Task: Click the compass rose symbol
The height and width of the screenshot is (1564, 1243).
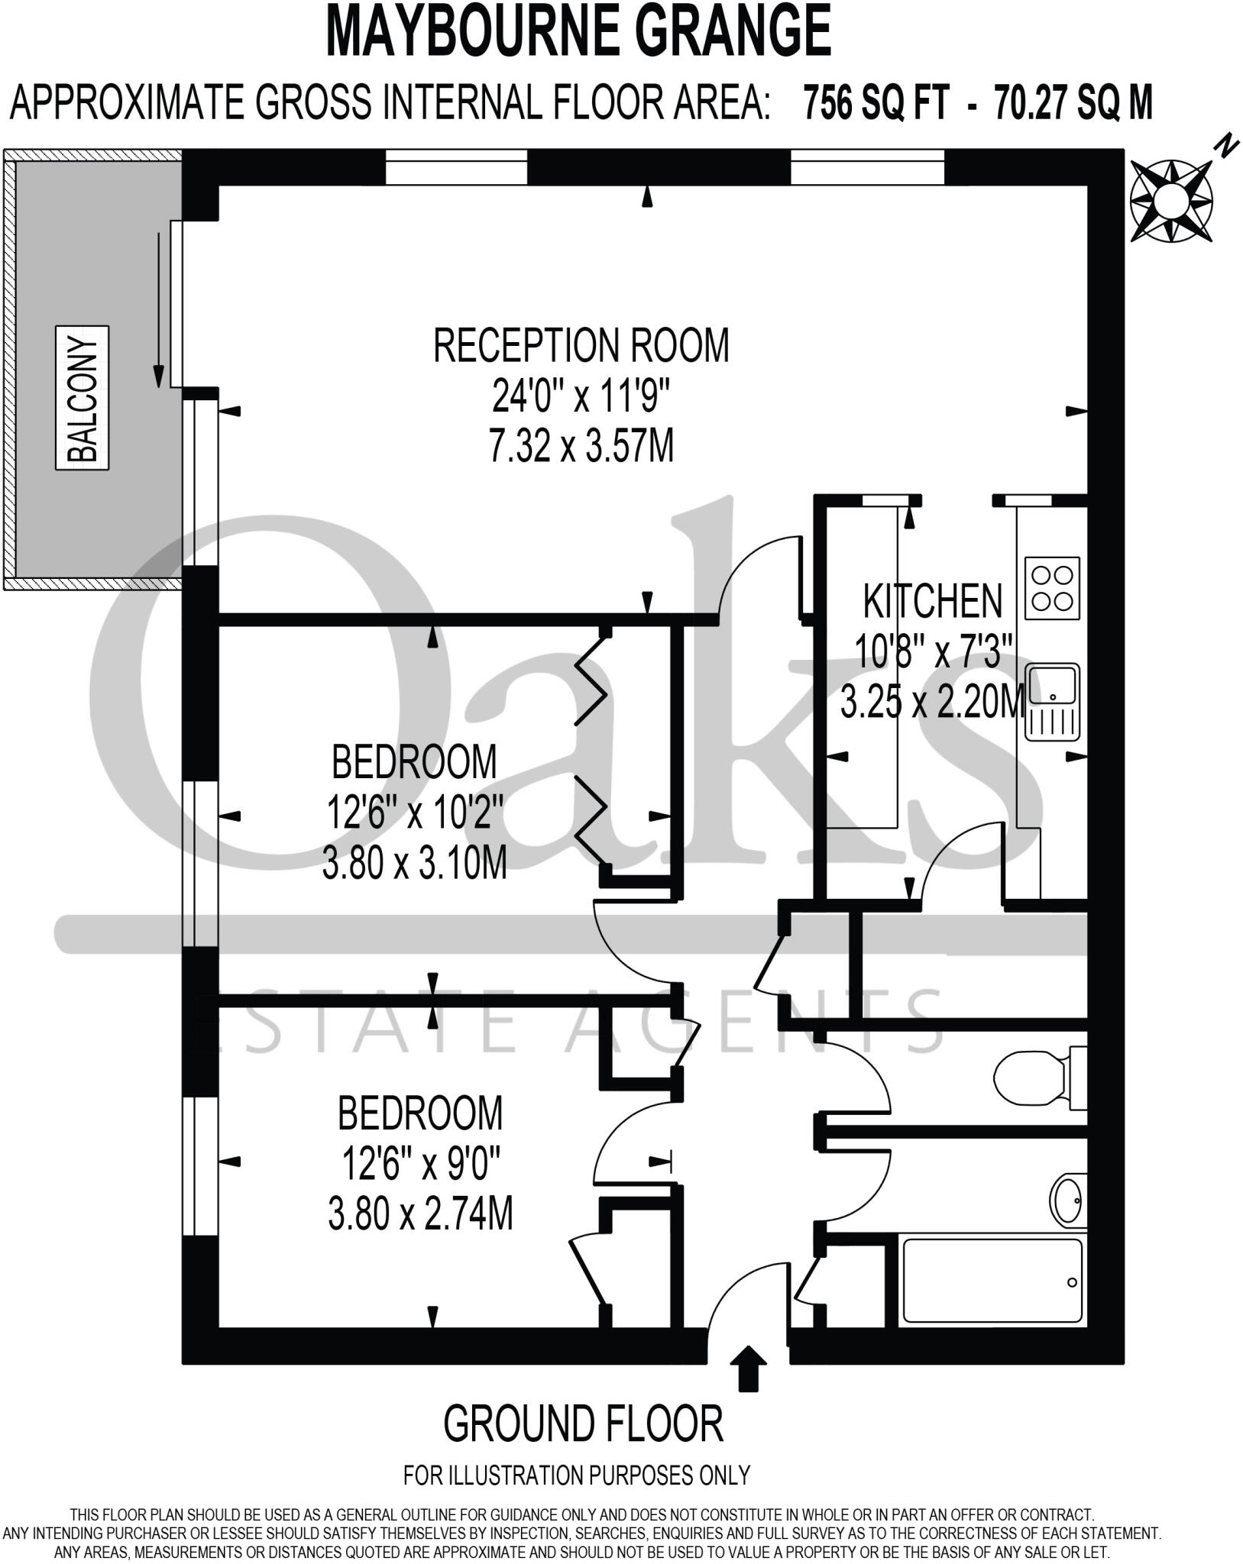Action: (1170, 202)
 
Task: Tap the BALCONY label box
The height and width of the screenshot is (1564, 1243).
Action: (83, 397)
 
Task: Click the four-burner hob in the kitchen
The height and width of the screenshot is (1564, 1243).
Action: (1053, 588)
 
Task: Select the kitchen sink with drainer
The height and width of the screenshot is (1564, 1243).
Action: (1052, 702)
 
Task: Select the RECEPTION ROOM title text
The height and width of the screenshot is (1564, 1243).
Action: (581, 346)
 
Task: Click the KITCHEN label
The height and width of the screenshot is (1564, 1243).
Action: (932, 602)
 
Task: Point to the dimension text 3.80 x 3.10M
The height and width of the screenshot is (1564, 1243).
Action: (415, 865)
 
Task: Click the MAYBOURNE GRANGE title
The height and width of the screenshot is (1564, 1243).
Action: (579, 32)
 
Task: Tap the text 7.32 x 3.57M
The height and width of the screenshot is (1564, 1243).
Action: (581, 446)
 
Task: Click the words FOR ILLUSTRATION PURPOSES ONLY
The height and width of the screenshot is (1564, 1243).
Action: (577, 1475)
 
